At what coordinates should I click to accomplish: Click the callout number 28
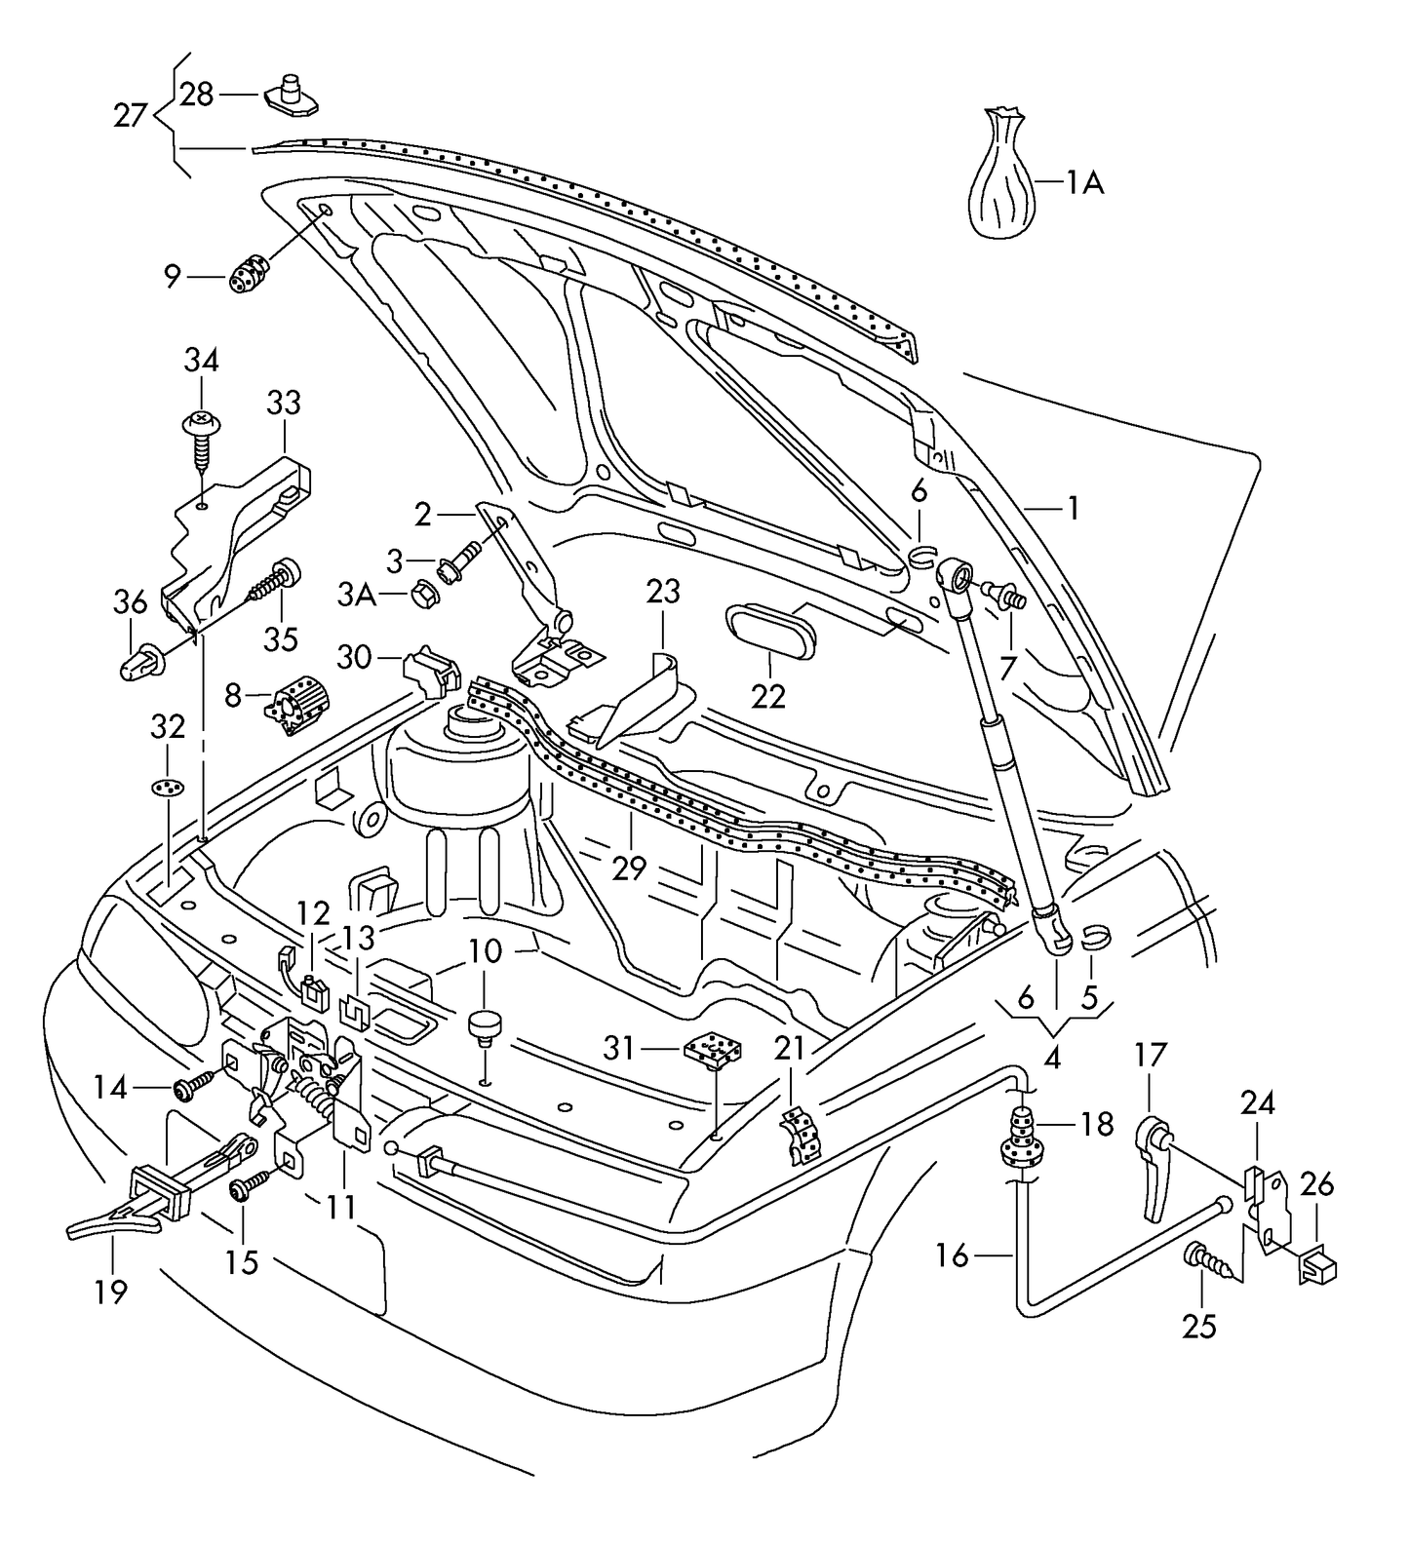click(x=196, y=95)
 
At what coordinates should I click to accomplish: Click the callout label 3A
click(x=357, y=595)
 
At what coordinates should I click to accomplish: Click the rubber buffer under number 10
click(x=484, y=1026)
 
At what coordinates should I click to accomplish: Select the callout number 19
click(x=111, y=1292)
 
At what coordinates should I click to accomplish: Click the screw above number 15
click(x=247, y=1186)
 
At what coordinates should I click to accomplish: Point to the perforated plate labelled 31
click(x=713, y=1050)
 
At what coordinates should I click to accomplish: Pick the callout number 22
click(x=767, y=696)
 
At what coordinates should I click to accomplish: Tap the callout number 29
click(x=630, y=867)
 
